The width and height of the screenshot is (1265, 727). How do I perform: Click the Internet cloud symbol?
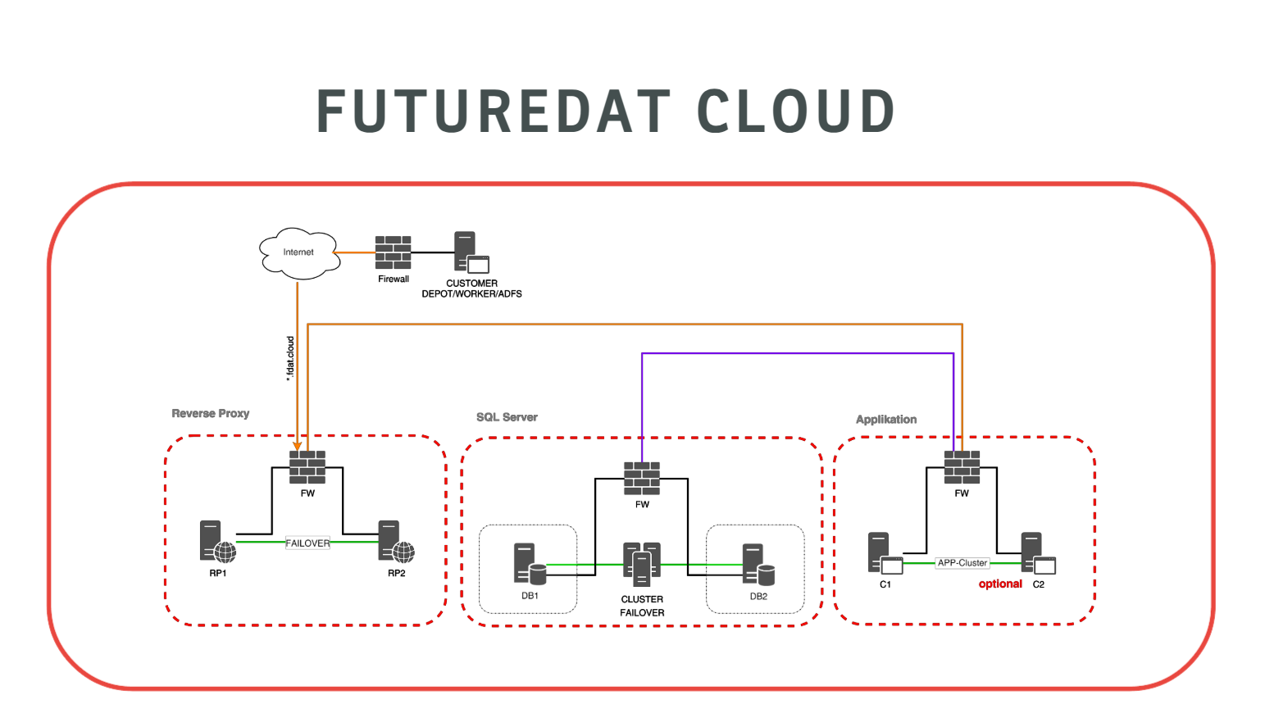pos(298,252)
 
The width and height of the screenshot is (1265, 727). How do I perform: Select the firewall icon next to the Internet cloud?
pos(394,252)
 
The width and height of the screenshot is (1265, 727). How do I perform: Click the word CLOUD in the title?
pos(795,112)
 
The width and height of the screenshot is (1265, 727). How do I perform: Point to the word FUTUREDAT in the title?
pos(494,112)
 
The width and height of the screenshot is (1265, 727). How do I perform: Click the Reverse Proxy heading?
pos(211,413)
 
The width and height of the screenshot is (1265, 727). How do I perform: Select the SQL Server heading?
pos(507,417)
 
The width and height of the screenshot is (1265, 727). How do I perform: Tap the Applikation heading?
pos(886,420)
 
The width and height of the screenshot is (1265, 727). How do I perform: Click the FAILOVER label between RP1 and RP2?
pos(307,543)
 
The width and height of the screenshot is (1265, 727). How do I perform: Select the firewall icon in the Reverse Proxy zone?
pos(307,467)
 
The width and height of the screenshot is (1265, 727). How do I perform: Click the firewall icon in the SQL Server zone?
pos(642,479)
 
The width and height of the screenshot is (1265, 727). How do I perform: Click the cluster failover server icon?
pos(642,564)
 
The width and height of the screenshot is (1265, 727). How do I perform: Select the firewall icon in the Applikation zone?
pos(962,467)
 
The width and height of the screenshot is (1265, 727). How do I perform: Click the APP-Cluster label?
pos(962,563)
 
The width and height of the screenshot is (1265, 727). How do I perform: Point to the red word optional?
pos(1000,584)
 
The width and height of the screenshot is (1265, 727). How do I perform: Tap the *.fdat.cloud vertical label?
pos(290,359)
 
